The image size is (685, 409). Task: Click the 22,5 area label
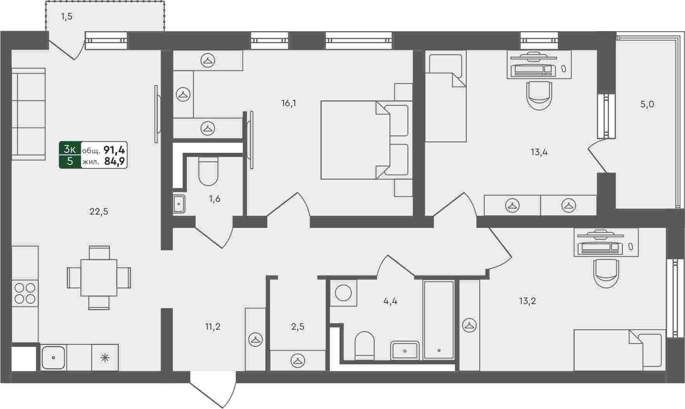pyautogui.click(x=99, y=211)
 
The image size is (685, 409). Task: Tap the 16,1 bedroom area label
pyautogui.click(x=289, y=103)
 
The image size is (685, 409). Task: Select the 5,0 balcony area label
pyautogui.click(x=647, y=104)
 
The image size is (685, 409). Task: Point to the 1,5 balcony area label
pyautogui.click(x=66, y=17)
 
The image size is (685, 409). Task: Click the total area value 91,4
pyautogui.click(x=114, y=150)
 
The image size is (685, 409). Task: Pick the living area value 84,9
pyautogui.click(x=115, y=161)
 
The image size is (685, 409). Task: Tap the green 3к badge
pyautogui.click(x=70, y=149)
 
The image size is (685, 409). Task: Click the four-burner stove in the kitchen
pyautogui.click(x=25, y=293)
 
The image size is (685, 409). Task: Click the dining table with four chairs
pyautogui.click(x=99, y=278)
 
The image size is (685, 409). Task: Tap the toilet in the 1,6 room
pyautogui.click(x=208, y=171)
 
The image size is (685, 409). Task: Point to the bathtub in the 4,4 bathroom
pyautogui.click(x=439, y=319)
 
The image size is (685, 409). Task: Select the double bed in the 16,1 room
pyautogui.click(x=366, y=140)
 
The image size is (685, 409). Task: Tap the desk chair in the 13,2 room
pyautogui.click(x=606, y=274)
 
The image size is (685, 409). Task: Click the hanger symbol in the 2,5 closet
pyautogui.click(x=298, y=360)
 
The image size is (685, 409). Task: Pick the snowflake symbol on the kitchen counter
pyautogui.click(x=105, y=357)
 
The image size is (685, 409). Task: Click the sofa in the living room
pyautogui.click(x=28, y=114)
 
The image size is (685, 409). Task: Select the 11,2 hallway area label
pyautogui.click(x=213, y=327)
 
